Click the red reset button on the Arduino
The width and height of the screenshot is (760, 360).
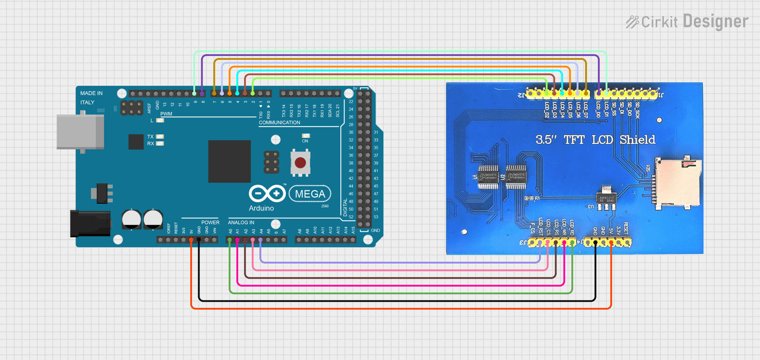300,163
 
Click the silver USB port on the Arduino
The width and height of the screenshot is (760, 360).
80,132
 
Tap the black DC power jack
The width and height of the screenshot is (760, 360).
90,224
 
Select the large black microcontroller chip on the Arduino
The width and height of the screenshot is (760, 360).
229,161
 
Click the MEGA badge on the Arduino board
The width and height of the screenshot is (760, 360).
310,194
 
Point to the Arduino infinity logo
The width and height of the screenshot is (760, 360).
267,193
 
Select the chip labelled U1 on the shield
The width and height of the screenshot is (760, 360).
488,177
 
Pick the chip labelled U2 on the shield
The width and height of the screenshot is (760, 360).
516,177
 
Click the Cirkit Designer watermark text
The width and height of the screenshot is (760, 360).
687,22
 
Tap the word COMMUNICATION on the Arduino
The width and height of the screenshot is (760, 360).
279,123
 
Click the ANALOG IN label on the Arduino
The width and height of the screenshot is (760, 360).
241,222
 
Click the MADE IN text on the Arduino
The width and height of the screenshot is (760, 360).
91,93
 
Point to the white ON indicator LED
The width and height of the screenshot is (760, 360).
306,136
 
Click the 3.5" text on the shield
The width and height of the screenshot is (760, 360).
546,140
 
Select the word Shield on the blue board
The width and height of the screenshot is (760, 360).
637,140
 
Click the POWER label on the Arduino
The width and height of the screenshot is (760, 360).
210,222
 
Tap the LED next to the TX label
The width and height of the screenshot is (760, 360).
160,136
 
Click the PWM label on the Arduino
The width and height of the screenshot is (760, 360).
166,114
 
